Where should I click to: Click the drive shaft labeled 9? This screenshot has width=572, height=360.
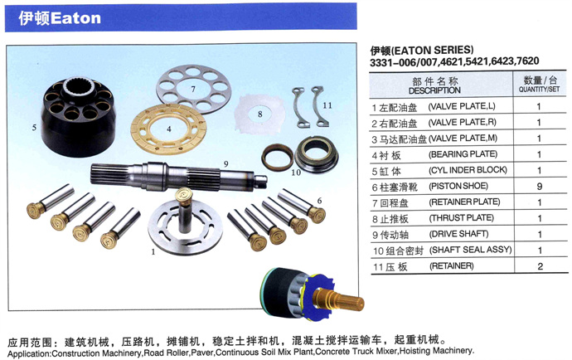179,177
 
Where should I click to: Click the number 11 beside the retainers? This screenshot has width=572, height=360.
327,105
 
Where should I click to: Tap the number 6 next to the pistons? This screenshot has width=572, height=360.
319,201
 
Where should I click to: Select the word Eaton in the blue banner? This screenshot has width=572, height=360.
75,18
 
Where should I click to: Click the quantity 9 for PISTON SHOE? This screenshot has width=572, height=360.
540,186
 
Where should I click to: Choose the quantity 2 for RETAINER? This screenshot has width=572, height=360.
540,266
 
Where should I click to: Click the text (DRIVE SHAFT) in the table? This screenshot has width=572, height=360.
459,234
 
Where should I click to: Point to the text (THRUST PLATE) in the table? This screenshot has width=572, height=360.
462,218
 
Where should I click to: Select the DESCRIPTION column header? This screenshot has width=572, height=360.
434,90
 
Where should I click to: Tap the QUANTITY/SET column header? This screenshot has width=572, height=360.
539,89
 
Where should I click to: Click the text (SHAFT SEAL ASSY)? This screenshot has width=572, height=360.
471,250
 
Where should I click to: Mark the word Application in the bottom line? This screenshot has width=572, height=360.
29,354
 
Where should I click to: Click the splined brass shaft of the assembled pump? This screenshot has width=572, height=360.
339,299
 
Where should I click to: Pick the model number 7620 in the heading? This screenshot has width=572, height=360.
527,61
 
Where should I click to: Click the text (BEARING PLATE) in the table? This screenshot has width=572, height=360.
463,154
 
